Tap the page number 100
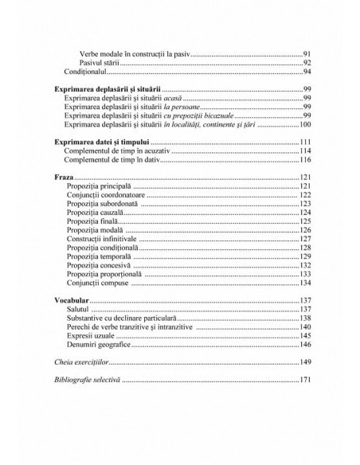[x=303, y=125]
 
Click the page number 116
[x=303, y=160]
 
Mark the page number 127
[x=303, y=238]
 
